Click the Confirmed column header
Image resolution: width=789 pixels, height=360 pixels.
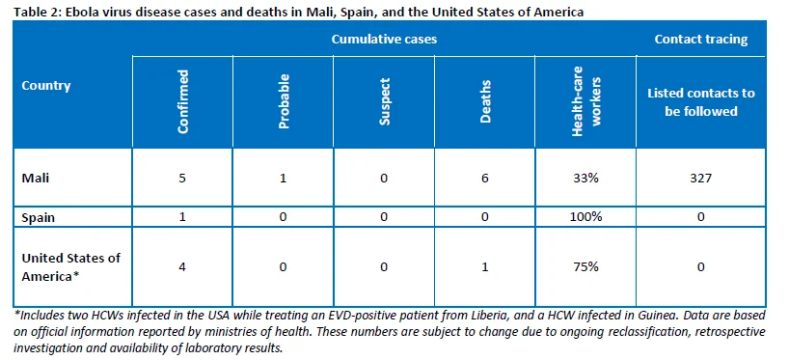(x=183, y=101)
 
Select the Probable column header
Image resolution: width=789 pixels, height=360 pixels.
(x=284, y=101)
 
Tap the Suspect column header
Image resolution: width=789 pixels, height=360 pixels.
(x=385, y=101)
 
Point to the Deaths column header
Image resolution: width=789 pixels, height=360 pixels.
(x=485, y=101)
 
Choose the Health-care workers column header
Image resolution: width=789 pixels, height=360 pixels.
(x=586, y=101)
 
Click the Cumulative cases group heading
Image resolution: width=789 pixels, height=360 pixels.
(x=384, y=40)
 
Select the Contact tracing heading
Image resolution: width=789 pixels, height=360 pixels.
(x=701, y=40)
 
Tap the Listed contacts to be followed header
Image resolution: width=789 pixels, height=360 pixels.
(x=701, y=101)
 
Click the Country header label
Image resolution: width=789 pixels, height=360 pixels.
(x=46, y=85)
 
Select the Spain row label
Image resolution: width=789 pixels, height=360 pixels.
(x=39, y=217)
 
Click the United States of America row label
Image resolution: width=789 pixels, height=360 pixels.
(x=71, y=266)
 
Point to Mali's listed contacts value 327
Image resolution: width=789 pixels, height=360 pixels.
(x=701, y=179)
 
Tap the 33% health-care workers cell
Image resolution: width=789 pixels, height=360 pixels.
(x=585, y=179)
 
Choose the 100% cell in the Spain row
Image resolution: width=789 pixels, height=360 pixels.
(x=585, y=217)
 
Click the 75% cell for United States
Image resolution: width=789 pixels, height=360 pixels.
(x=585, y=266)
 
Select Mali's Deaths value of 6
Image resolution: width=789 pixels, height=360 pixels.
(x=485, y=179)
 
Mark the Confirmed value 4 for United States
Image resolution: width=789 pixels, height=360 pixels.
(x=182, y=266)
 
